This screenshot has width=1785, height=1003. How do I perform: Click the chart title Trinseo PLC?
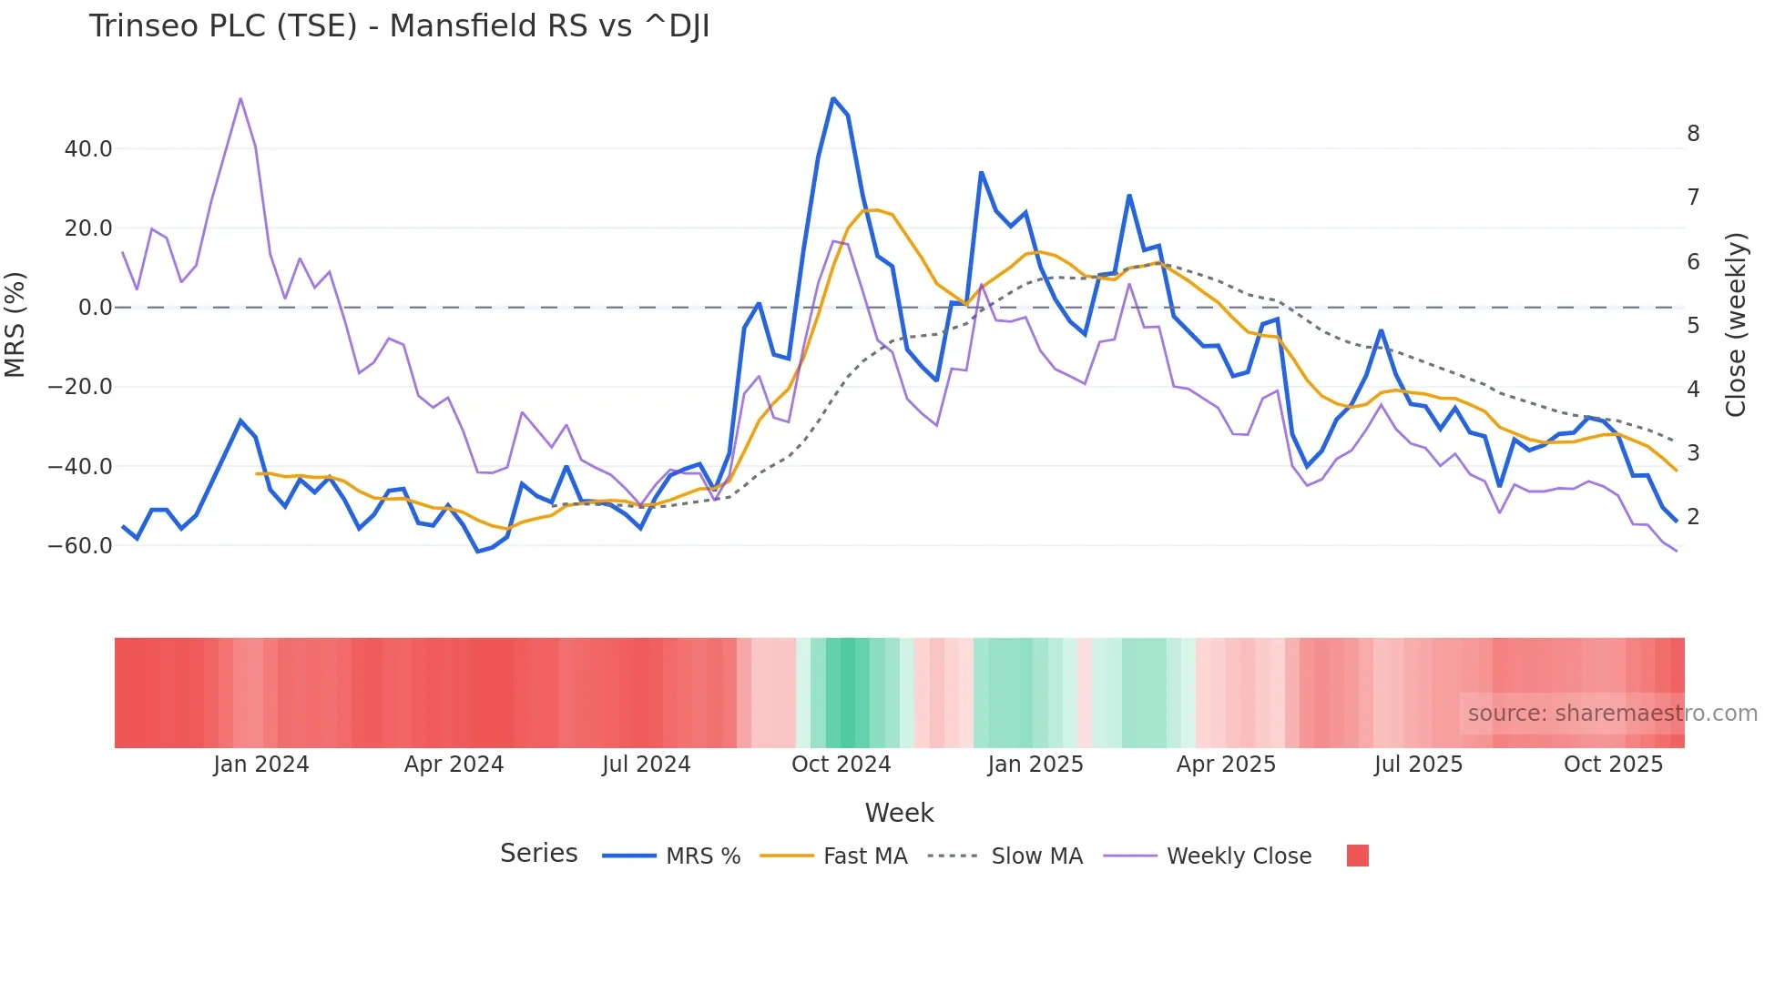399,26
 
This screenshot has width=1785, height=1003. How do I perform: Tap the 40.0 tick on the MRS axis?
88,148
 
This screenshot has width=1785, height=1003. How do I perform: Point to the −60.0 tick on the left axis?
80,546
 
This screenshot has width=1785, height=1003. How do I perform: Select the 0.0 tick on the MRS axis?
95,308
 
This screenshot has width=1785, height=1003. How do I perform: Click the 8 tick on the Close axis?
1693,134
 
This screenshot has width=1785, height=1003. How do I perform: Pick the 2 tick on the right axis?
1693,516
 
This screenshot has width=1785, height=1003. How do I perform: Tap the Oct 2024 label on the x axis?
841,765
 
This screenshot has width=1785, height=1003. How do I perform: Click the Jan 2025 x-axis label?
1035,765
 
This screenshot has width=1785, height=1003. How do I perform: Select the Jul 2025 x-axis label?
1418,765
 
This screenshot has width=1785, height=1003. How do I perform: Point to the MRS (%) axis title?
15,325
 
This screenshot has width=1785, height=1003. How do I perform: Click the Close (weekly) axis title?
1736,325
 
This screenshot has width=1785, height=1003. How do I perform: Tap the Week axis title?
899,813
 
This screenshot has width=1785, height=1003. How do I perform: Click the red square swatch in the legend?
1357,856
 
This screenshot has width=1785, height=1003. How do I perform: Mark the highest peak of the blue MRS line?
833,98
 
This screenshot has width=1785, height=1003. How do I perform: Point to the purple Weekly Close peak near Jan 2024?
240,98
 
